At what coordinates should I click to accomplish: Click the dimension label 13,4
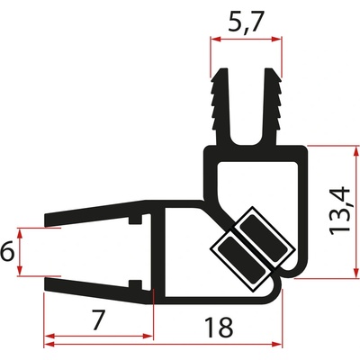(339, 211)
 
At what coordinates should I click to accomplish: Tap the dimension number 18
(219, 328)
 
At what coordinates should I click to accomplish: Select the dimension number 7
(97, 320)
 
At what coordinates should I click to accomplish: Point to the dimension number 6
(6, 251)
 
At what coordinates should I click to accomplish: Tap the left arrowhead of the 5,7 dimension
(215, 40)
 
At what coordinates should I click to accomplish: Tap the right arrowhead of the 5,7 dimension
(276, 40)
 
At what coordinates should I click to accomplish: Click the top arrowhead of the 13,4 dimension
(355, 151)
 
